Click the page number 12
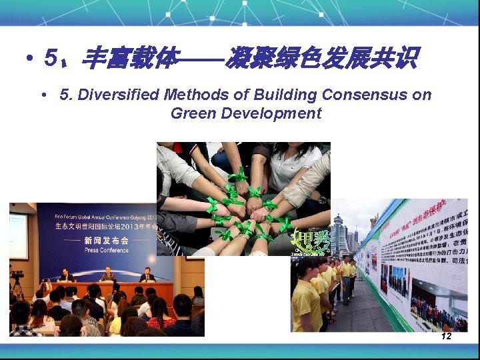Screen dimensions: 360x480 click(446, 336)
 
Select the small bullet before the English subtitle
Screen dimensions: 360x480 click(44, 95)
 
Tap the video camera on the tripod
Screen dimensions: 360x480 click(17, 275)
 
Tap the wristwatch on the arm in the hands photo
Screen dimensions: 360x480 click(323, 199)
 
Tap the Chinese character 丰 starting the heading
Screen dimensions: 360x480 click(95, 60)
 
